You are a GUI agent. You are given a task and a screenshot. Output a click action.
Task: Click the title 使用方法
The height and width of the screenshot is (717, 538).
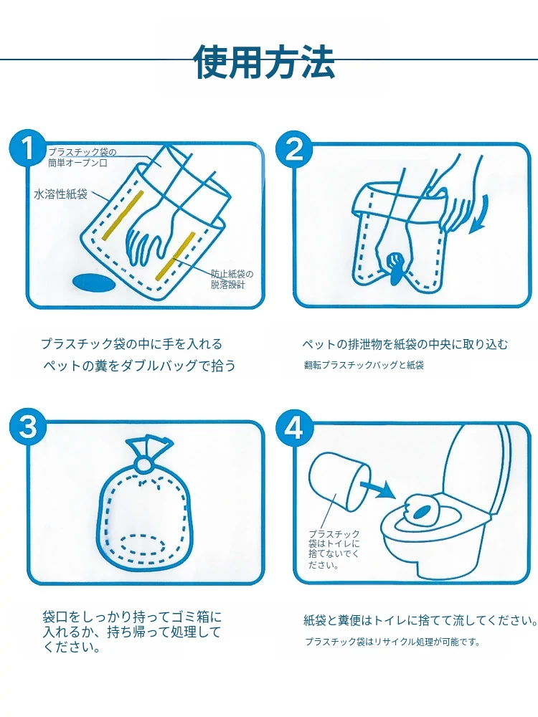point(265,61)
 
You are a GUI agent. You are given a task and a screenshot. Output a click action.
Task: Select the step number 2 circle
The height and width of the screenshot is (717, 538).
point(295,148)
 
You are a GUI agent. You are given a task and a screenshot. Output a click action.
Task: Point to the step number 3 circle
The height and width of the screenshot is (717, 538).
point(29,427)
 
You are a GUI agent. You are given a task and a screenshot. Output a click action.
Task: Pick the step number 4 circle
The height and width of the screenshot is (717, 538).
point(295,429)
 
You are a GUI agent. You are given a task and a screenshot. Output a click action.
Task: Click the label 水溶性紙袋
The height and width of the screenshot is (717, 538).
point(61,194)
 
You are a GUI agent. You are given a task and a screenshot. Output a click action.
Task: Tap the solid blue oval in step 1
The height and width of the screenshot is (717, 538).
point(94,282)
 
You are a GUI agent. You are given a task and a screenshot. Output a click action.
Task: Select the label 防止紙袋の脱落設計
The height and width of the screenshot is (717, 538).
point(232,279)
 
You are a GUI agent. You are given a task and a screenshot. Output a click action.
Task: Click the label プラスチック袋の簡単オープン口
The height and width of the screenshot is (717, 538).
point(82,157)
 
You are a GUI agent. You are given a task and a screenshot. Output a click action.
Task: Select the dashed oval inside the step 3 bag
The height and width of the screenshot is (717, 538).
point(143,545)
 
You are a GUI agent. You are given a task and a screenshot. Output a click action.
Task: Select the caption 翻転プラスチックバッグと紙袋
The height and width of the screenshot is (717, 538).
point(364,365)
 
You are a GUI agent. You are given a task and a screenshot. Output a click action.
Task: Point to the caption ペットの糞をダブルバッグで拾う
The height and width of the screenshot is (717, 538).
point(140,366)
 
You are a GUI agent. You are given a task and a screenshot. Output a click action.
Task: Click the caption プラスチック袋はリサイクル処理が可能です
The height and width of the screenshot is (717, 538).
point(393,642)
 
